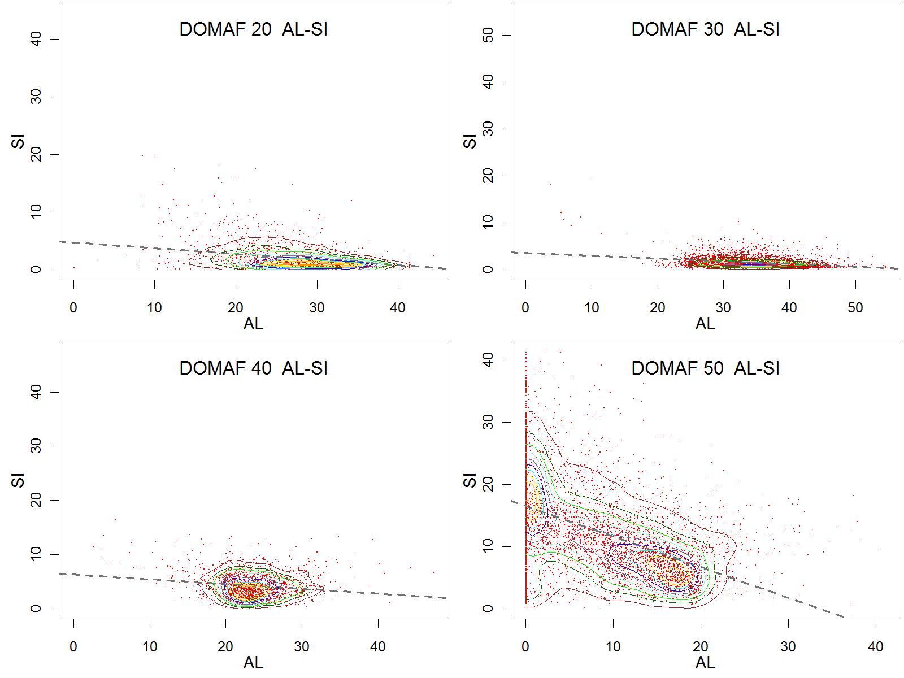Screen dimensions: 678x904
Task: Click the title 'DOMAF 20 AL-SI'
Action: (x=253, y=29)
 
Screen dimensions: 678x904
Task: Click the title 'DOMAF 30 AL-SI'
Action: (x=705, y=29)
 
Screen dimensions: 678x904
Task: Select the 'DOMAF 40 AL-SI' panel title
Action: (x=253, y=368)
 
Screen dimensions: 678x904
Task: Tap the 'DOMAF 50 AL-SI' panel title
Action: (x=705, y=368)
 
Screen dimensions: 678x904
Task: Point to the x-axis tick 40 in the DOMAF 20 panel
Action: (x=398, y=308)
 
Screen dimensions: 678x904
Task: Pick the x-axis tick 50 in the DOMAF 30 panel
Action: (x=855, y=308)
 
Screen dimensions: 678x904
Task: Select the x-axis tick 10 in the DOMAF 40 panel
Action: (x=150, y=647)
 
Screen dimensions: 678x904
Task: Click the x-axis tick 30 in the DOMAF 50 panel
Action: (x=788, y=647)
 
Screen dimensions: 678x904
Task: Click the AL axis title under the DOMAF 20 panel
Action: (x=253, y=324)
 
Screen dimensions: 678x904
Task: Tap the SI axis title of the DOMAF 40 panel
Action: (x=18, y=479)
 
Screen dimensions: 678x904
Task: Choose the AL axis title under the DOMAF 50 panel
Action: (x=705, y=663)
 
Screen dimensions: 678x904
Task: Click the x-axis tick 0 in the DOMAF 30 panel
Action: (x=525, y=308)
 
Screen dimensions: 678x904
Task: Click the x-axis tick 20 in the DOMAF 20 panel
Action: (x=236, y=308)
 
